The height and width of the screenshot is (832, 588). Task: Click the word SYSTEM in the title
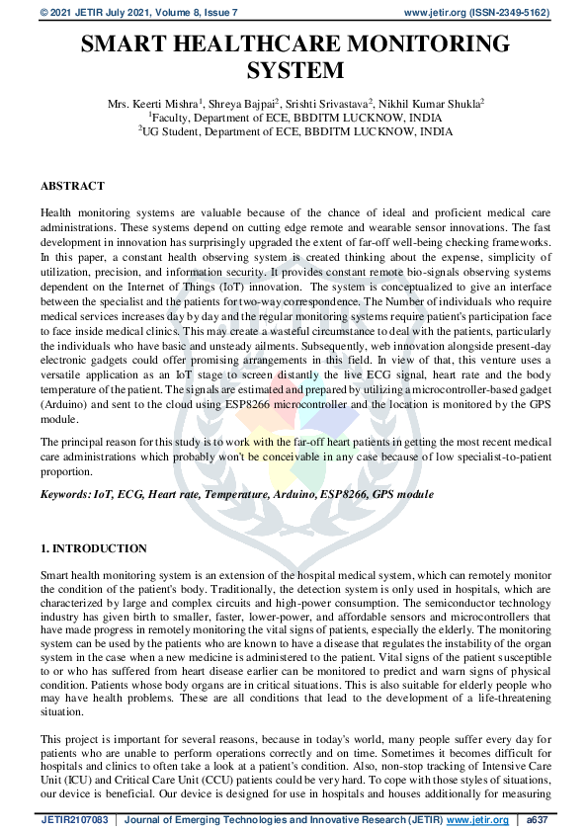(294, 71)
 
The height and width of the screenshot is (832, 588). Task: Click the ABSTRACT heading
(72, 185)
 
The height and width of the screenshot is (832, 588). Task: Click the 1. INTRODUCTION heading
(94, 547)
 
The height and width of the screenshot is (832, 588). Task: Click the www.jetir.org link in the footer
(479, 820)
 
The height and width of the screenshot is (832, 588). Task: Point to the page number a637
(540, 820)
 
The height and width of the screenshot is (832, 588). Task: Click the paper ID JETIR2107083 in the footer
(74, 820)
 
